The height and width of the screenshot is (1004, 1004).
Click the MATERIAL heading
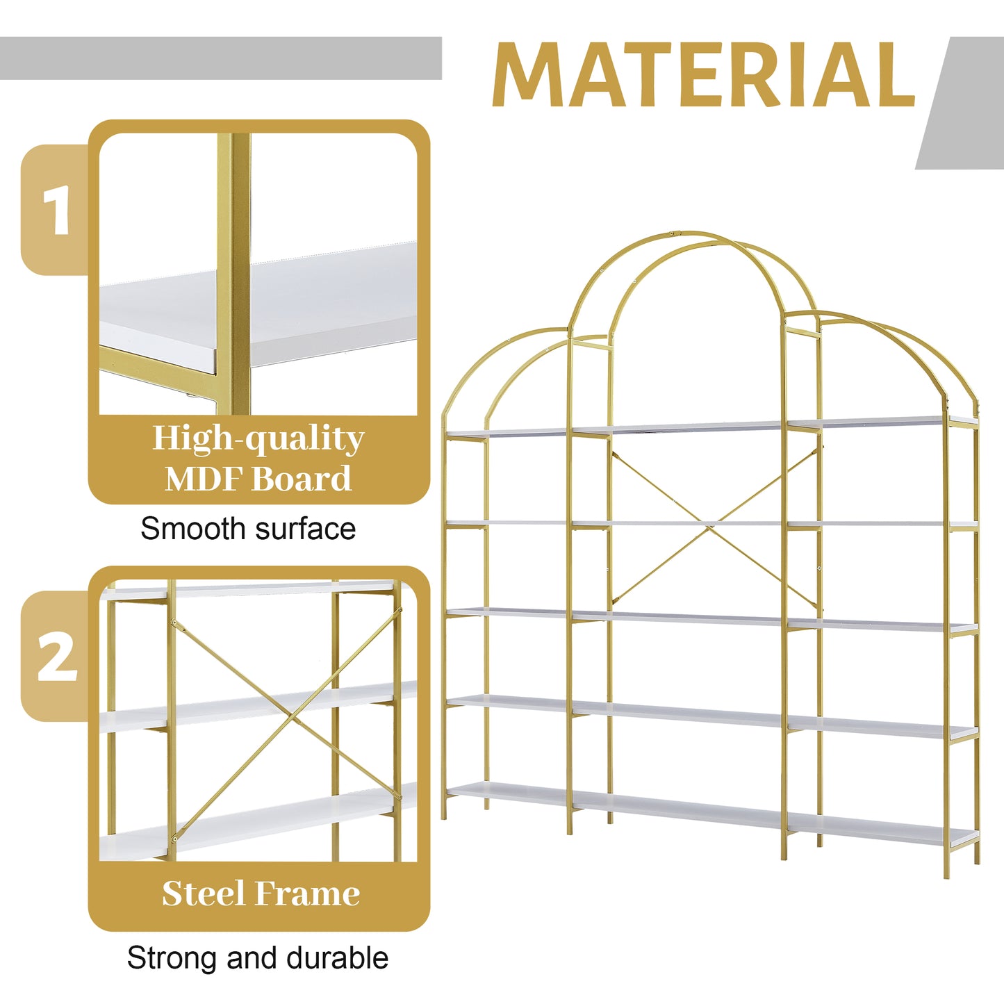point(703,75)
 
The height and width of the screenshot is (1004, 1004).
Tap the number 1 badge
point(56,210)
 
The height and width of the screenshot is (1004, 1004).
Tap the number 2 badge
point(56,657)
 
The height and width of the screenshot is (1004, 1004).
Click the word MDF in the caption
point(204,479)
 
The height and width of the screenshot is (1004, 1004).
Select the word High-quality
point(258,438)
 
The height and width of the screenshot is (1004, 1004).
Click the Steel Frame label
point(261,894)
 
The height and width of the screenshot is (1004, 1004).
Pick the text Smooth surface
point(248,529)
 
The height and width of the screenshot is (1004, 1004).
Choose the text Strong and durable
point(257,958)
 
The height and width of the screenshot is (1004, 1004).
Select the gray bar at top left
point(220,58)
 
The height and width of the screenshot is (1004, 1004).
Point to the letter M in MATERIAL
point(529,75)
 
